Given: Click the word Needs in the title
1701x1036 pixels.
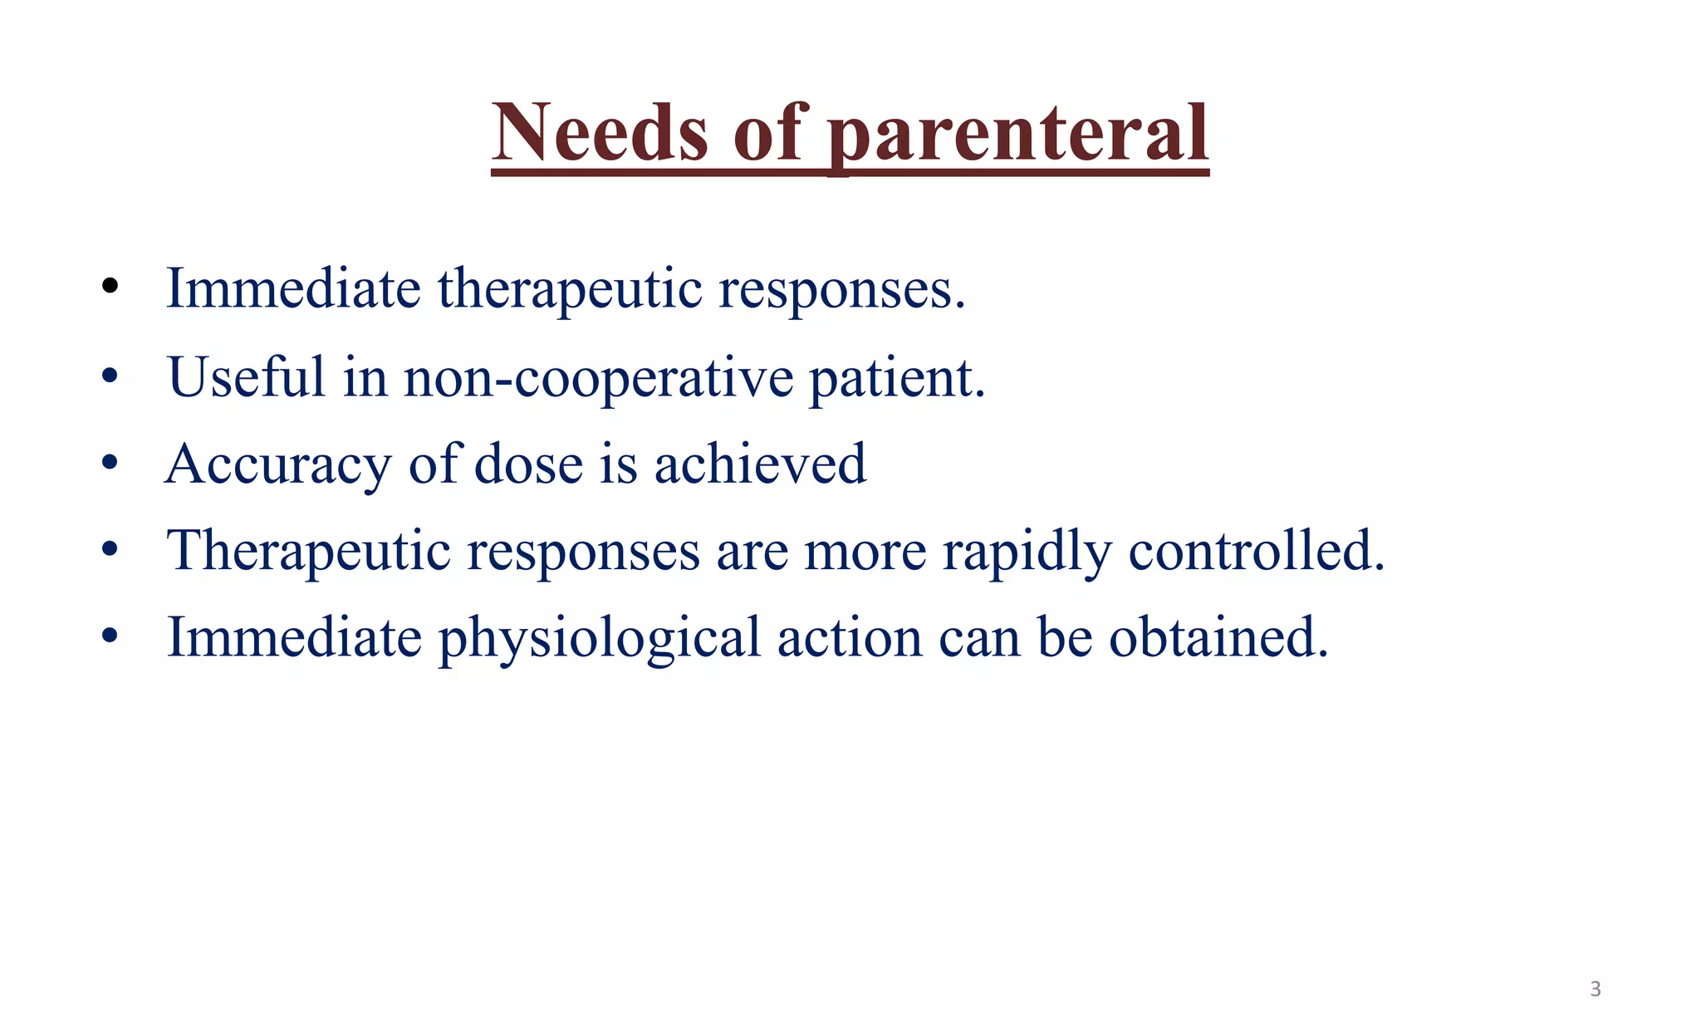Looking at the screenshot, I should click(x=600, y=133).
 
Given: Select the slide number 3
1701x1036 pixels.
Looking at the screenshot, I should click(x=1595, y=989).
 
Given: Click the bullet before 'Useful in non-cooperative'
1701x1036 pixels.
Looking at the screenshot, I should click(x=110, y=377).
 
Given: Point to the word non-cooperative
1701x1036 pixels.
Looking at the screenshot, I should click(x=599, y=377).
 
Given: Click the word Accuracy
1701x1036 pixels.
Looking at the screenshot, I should click(x=277, y=464).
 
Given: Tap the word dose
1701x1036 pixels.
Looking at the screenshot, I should click(x=528, y=464).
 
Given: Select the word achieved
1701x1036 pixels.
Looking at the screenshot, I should click(x=760, y=464).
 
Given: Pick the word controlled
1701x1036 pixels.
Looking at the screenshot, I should click(x=1256, y=552).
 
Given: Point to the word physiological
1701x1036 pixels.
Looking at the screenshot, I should click(x=599, y=639).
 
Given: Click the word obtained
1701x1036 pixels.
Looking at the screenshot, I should click(x=1218, y=639).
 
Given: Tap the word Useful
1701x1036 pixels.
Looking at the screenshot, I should click(x=246, y=377).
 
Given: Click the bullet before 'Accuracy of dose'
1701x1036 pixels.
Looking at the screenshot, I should click(x=110, y=464).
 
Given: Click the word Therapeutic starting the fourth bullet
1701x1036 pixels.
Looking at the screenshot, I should click(x=308, y=552).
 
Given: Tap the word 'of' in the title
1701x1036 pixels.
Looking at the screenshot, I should click(x=768, y=133).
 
